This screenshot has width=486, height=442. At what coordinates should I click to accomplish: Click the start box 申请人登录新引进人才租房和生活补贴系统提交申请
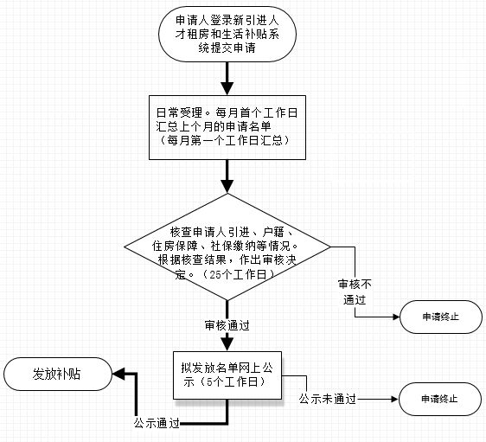227,34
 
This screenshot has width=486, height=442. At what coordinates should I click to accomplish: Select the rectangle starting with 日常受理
227,127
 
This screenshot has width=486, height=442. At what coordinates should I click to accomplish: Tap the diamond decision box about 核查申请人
227,247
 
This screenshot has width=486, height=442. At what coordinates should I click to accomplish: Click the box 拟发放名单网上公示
227,375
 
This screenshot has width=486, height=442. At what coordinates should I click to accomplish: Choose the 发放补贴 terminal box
58,374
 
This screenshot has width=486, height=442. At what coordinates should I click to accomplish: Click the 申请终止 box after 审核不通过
441,317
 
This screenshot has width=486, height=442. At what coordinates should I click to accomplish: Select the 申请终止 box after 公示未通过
440,399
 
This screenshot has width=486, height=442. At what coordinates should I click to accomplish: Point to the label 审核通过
227,325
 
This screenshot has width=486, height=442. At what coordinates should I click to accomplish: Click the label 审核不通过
355,291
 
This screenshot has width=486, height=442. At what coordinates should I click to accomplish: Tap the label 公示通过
157,423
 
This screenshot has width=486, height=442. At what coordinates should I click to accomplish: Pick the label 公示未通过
328,399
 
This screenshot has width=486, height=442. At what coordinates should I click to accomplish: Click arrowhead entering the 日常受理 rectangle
227,88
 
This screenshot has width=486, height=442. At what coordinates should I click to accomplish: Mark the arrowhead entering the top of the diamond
227,187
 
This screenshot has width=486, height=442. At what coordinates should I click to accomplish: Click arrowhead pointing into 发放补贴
118,374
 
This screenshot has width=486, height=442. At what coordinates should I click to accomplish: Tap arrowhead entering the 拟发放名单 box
227,344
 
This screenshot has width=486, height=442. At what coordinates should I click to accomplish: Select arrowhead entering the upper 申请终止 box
396,317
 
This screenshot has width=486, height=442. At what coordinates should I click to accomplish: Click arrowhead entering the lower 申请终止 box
395,399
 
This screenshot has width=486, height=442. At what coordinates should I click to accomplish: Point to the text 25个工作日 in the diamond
238,274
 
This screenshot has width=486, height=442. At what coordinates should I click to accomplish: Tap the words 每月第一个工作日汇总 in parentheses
225,141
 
